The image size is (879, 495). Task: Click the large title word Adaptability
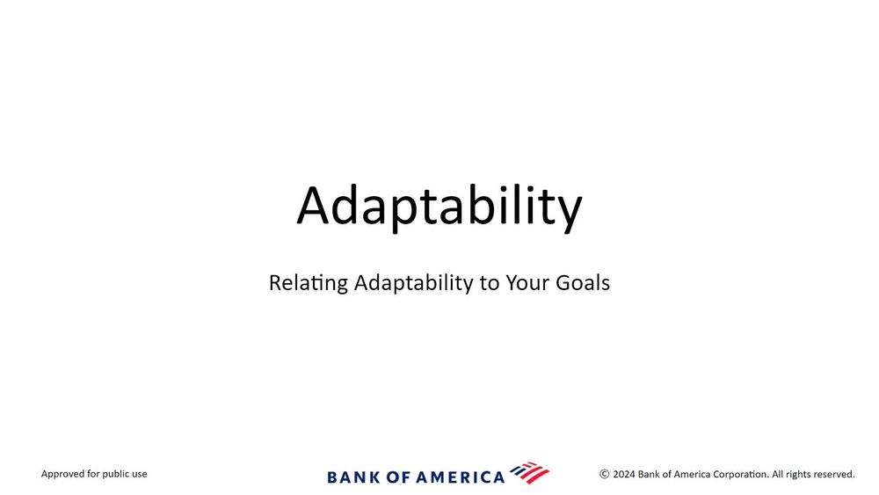439,207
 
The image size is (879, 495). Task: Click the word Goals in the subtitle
583,282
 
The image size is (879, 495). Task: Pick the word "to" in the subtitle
490,283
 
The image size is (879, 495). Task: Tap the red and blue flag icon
530,473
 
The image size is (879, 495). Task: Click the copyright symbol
605,474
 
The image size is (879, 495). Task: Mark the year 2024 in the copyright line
624,474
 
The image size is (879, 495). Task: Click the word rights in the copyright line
798,474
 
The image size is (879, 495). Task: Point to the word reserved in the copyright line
834,474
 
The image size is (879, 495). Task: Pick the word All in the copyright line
778,474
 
